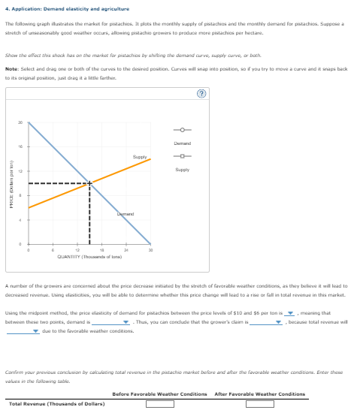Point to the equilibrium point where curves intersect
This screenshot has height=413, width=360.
click(x=90, y=182)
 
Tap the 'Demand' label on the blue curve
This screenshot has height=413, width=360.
click(x=125, y=215)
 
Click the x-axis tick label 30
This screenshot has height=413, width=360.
click(x=152, y=250)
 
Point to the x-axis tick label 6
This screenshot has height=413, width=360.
click(x=53, y=250)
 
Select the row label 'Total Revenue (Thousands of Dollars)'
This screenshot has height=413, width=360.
click(x=56, y=404)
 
